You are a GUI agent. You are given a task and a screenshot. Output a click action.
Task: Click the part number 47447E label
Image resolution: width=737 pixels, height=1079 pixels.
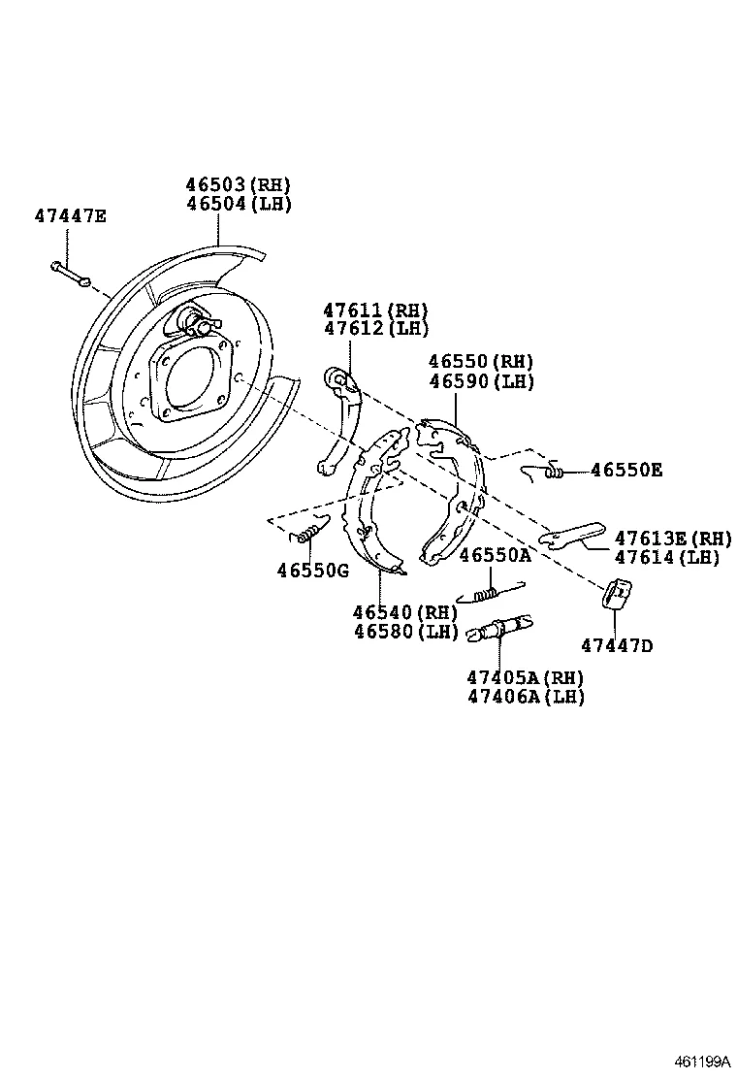coord(70,215)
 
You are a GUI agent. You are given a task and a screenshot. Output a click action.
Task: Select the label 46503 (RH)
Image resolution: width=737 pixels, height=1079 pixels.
coord(238,185)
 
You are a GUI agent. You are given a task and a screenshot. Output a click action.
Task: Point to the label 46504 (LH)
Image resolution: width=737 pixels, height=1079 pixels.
coord(238,204)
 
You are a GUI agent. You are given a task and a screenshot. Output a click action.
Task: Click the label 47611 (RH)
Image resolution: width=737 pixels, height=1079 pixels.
coord(375,311)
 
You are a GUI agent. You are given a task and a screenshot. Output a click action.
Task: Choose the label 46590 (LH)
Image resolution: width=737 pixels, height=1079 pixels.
coord(481,381)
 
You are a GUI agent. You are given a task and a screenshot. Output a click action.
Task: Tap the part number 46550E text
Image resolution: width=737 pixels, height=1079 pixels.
coord(626,471)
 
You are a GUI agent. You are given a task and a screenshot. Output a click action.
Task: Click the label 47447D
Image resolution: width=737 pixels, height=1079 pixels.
coord(617,645)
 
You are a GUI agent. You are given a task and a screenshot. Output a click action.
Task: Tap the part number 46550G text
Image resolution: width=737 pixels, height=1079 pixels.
coord(312,571)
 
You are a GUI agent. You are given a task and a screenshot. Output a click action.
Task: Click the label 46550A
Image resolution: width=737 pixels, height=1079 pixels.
coord(495,555)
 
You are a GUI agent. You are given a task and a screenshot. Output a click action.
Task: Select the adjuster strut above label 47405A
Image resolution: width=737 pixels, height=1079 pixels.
coord(497,629)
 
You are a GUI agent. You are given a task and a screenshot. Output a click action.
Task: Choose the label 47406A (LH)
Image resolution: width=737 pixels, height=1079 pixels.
coord(527,697)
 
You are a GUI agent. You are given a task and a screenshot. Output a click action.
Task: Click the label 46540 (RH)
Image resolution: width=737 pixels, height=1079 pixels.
coord(404,612)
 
